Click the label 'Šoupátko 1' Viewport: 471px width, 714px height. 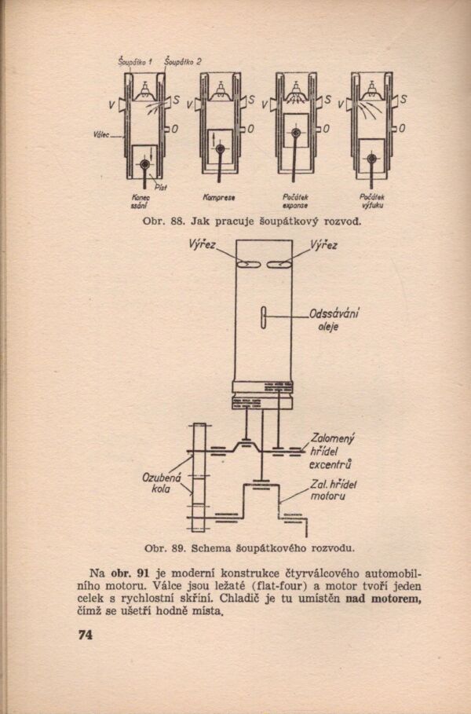coord(134,60)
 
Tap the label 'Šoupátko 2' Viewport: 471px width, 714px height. coord(184,60)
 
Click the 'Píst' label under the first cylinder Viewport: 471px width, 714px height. coord(160,185)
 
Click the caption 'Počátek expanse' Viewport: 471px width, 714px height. coord(295,201)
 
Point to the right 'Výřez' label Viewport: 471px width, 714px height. coord(323,245)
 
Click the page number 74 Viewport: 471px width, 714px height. coord(86,635)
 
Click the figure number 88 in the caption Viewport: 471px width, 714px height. coord(177,222)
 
